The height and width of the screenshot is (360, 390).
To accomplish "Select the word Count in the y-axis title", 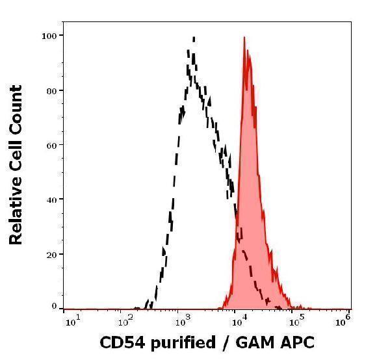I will (16, 108).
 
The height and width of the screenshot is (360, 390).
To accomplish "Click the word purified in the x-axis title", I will (179, 343).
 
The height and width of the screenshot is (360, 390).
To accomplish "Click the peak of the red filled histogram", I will (244, 38).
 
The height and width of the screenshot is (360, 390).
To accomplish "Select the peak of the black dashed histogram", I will (193, 38).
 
